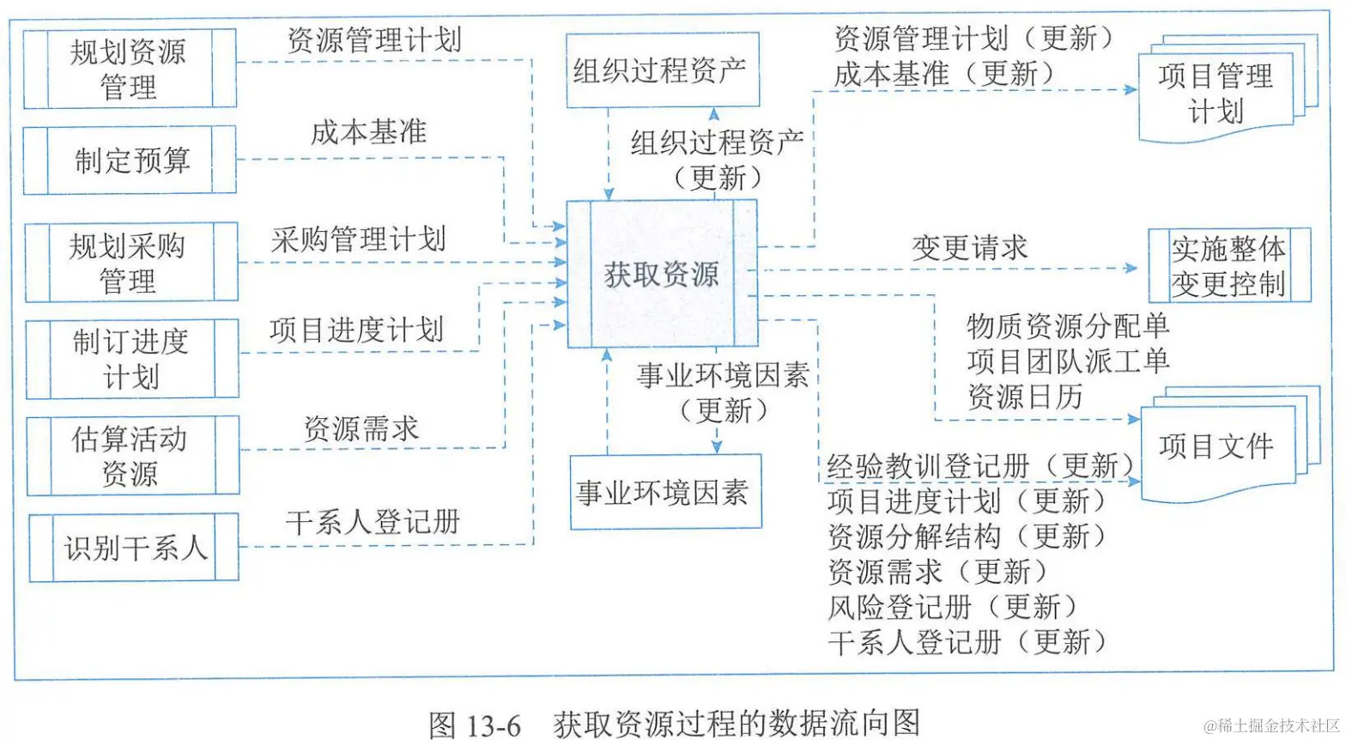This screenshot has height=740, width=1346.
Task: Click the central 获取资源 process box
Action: [x=661, y=274]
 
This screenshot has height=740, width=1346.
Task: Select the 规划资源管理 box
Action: [x=130, y=69]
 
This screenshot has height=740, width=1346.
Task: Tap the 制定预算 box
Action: [x=130, y=161]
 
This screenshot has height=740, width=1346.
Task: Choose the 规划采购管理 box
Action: [x=130, y=263]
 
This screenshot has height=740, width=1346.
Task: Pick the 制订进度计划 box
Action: [x=131, y=359]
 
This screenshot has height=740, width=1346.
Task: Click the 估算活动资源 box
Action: [x=132, y=456]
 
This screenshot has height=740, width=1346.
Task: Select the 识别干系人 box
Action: [x=134, y=548]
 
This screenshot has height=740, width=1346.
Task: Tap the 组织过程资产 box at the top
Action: [x=662, y=70]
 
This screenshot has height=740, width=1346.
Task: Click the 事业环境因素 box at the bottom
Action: [x=665, y=492]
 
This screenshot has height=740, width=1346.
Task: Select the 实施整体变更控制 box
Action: [x=1229, y=265]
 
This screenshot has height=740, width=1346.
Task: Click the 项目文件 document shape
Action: [x=1216, y=446]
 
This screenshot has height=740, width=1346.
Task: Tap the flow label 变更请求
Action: [x=969, y=248]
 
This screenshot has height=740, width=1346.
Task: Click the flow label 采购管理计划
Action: [x=359, y=239]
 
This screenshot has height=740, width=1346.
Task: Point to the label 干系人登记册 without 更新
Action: [x=373, y=521]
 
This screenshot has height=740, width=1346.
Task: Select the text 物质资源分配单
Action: [x=1067, y=325]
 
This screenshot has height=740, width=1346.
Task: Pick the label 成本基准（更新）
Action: [x=945, y=74]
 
